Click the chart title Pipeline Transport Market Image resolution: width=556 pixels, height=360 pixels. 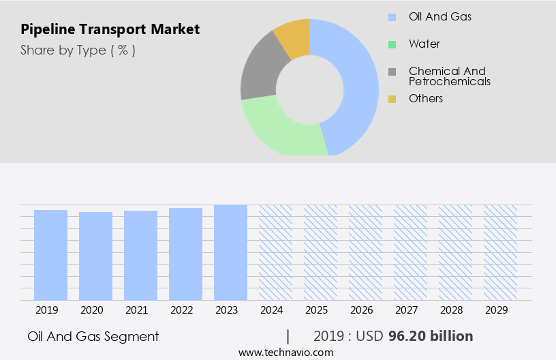[x=110, y=29]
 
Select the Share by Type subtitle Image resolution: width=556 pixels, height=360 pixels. [x=78, y=50]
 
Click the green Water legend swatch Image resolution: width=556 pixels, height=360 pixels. [x=392, y=44]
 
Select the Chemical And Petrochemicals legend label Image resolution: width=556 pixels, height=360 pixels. [x=449, y=76]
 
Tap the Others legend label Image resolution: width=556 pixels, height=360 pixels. [x=426, y=98]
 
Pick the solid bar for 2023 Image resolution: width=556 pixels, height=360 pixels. [x=230, y=252]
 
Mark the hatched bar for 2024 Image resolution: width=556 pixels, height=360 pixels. [x=275, y=252]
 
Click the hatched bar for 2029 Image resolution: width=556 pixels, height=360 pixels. [x=500, y=252]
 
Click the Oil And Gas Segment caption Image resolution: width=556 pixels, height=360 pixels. [x=93, y=336]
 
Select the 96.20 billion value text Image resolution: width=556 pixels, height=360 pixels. [x=431, y=336]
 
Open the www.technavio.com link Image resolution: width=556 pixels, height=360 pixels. [x=286, y=352]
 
